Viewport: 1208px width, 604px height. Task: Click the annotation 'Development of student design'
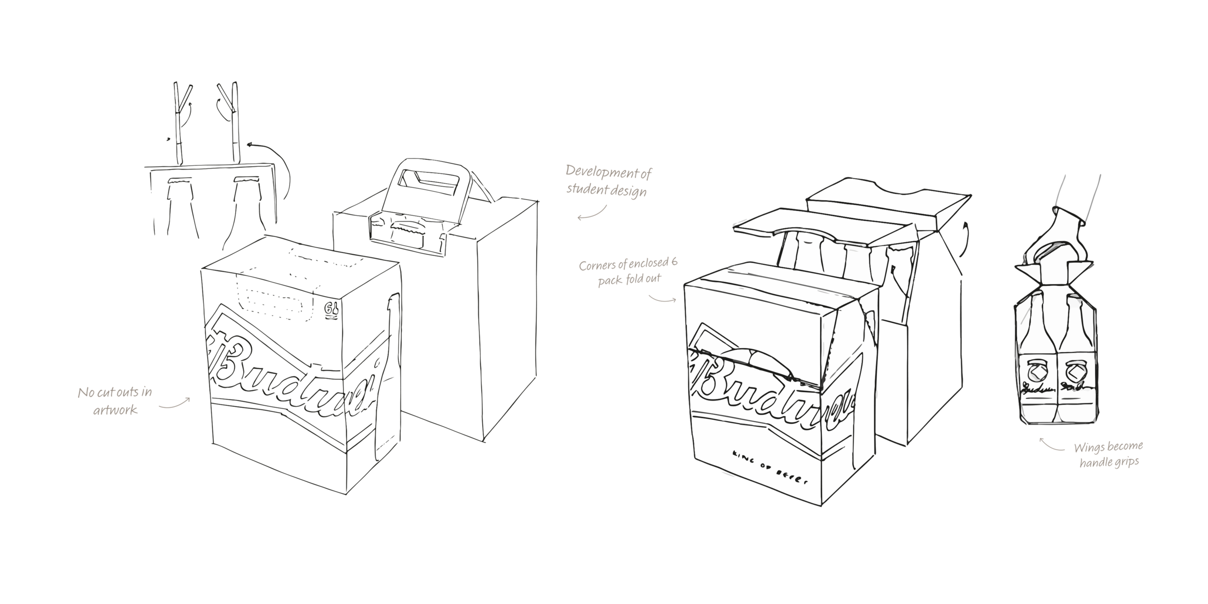(x=608, y=180)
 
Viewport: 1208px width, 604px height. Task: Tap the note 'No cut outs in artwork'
(x=115, y=401)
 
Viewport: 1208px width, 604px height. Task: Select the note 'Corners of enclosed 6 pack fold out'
(x=628, y=272)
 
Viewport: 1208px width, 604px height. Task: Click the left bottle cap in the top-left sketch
(x=179, y=183)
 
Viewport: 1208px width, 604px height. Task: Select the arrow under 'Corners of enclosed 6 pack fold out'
(x=662, y=299)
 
